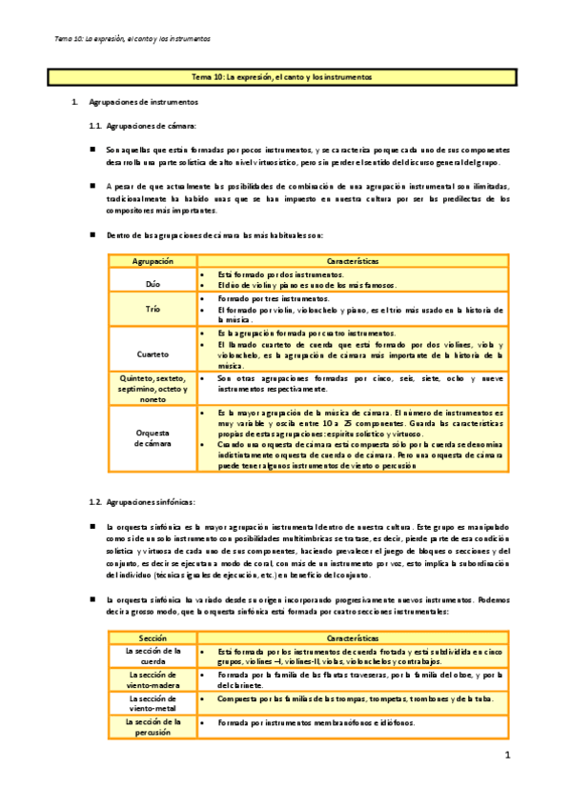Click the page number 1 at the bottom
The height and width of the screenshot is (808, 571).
click(508, 756)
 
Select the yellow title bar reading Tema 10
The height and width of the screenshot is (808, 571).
click(285, 75)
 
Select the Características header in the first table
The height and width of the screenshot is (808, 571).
click(352, 260)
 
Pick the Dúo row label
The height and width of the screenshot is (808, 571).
click(153, 284)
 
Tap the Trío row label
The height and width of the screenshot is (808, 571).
click(153, 310)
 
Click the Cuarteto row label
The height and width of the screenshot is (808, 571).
click(153, 352)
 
